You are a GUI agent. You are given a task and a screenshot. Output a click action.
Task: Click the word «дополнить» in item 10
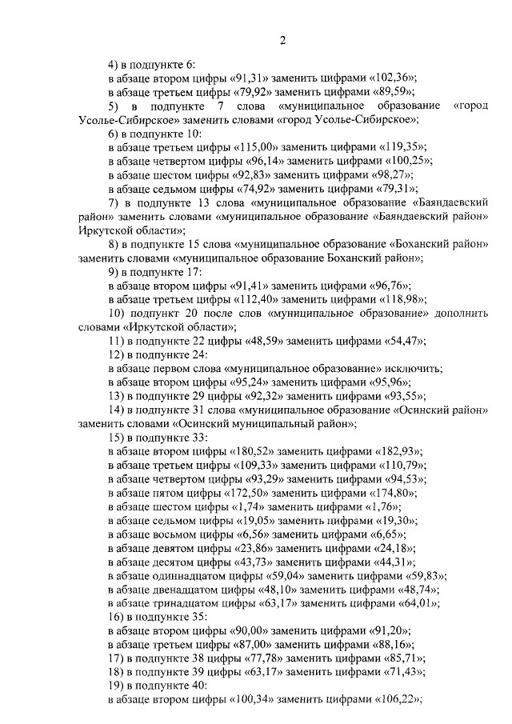pos(462,313)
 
